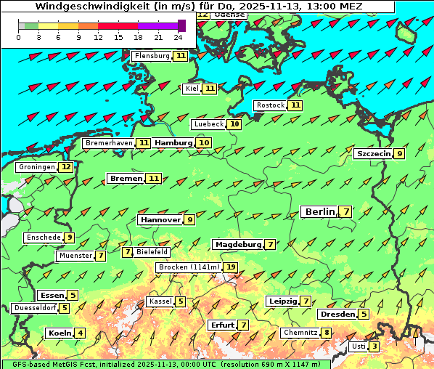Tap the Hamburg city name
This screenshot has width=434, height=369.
click(173, 143)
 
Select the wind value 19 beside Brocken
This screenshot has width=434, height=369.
click(231, 267)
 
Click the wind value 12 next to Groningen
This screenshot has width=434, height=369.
click(66, 167)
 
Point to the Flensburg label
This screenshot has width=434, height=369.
click(152, 56)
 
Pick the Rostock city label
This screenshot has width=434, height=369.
click(271, 105)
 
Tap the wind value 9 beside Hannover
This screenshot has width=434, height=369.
click(189, 219)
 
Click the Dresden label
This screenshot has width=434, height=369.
click(337, 315)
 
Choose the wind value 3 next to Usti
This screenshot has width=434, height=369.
click(374, 346)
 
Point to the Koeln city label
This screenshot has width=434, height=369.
click(58, 333)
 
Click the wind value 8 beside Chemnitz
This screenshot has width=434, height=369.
click(327, 333)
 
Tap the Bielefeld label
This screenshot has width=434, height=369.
click(152, 252)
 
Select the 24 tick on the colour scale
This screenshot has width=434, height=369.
click(178, 36)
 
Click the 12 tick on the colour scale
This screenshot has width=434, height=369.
click(98, 36)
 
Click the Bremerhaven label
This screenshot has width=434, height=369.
click(109, 143)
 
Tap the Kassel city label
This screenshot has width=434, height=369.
click(160, 301)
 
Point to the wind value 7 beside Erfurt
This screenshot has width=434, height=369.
click(244, 325)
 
